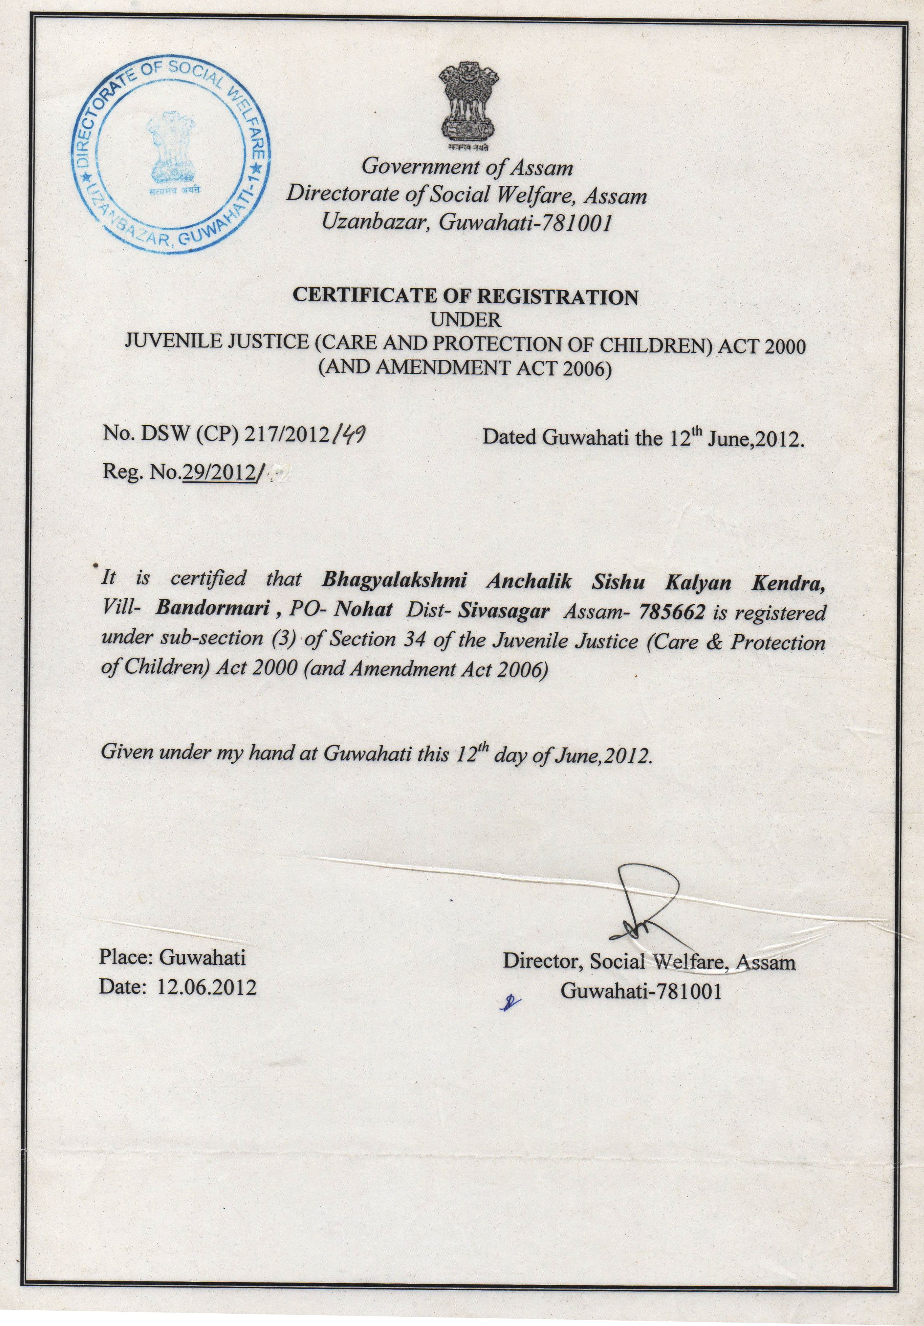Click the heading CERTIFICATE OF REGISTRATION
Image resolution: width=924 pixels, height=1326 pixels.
(466, 296)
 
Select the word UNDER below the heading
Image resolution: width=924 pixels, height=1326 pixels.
(466, 319)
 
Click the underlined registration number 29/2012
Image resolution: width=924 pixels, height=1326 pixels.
(219, 473)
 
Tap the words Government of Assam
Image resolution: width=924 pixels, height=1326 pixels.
(467, 167)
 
